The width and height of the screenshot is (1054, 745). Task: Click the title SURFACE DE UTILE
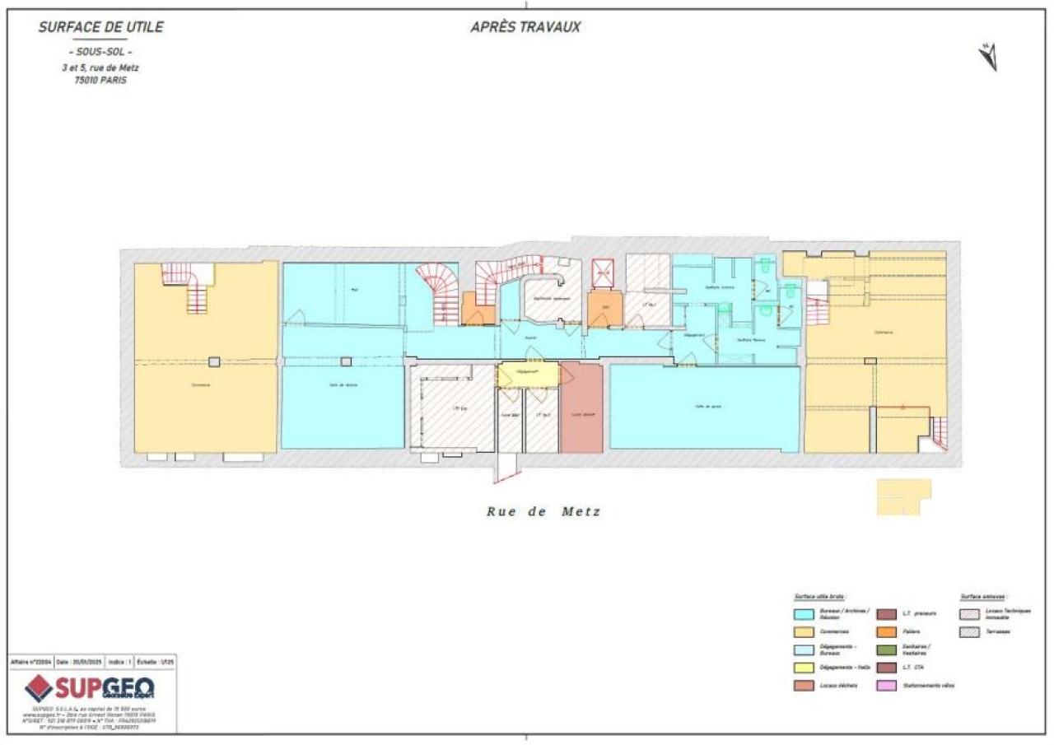point(100,27)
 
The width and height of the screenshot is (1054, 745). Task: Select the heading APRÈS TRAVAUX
point(525,27)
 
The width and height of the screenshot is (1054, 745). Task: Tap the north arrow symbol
point(988,56)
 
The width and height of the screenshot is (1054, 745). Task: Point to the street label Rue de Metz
point(543,511)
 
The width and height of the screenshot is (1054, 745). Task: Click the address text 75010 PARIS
point(100,81)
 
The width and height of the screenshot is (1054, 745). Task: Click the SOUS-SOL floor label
point(100,53)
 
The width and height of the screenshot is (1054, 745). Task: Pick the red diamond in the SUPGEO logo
point(39,687)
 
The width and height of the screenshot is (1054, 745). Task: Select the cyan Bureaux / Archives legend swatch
point(804,613)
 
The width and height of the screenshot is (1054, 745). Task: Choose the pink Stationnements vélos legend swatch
point(887,686)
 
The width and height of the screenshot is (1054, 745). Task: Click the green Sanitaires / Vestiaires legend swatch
point(887,650)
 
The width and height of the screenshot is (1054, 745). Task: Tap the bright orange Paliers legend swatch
point(887,631)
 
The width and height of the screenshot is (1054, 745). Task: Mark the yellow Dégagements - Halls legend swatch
point(804,668)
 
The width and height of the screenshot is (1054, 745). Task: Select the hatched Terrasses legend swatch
point(970,631)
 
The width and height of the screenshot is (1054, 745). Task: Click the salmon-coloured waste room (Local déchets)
point(581,408)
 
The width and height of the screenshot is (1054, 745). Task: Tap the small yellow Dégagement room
point(528,375)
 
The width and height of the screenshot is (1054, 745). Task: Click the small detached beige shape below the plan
point(902,496)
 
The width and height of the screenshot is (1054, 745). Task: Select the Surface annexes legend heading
point(983,596)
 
